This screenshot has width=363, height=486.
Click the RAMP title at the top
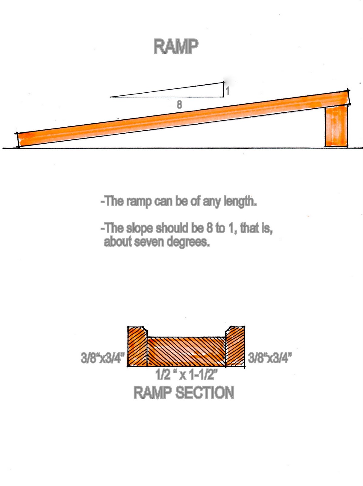[176, 46]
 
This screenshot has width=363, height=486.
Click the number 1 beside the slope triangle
[227, 91]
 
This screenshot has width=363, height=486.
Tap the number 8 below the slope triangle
[180, 105]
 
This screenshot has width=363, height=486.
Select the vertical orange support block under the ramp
[336, 126]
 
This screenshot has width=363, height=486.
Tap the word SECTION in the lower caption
[205, 392]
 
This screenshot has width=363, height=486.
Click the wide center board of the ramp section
[186, 351]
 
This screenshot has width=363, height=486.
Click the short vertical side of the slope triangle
[224, 90]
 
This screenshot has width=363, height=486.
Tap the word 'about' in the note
[118, 242]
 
